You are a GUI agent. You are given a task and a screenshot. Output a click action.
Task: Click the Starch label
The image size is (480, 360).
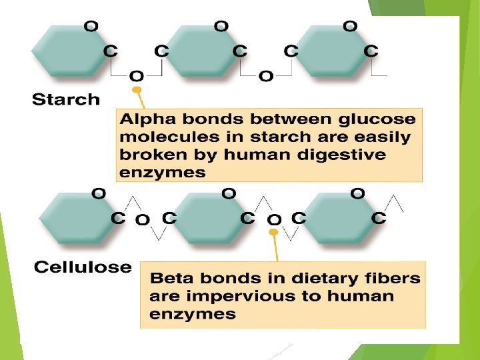pyautogui.click(x=66, y=101)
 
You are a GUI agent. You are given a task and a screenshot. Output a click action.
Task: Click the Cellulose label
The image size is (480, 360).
pyautogui.click(x=83, y=268)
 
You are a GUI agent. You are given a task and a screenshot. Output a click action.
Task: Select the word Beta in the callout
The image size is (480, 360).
pyautogui.click(x=170, y=278)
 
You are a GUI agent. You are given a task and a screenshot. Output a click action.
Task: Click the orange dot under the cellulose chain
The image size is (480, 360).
pyautogui.click(x=273, y=233)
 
